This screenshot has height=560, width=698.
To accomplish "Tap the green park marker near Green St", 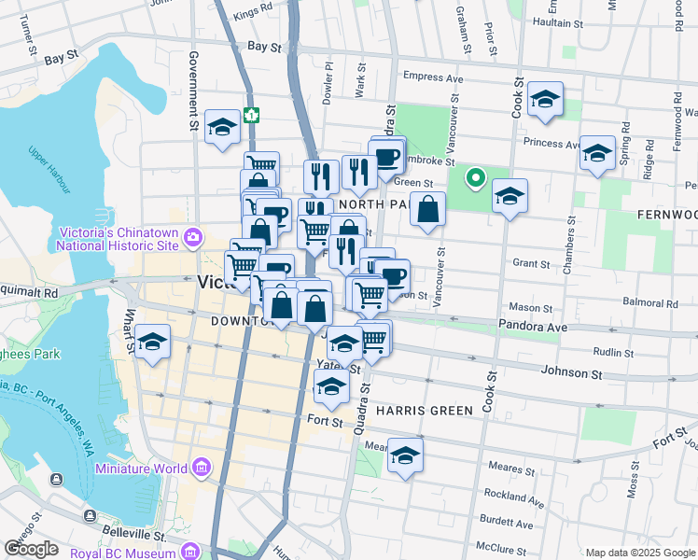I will click(475, 177).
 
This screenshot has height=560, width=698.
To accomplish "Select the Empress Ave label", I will click(433, 77).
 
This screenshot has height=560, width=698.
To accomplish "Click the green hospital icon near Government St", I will click(251, 115).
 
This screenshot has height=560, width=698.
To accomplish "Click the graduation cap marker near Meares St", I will click(405, 456).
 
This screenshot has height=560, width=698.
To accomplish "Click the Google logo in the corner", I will click(32, 549).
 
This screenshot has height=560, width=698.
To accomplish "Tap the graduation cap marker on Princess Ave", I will click(597, 154).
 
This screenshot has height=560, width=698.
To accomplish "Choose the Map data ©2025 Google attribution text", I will click(639, 553).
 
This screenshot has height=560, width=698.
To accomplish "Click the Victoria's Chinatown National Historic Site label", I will click(118, 239).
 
